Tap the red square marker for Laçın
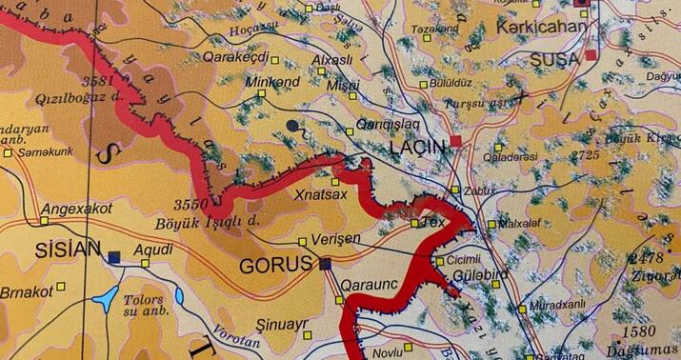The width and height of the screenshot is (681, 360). [x=456, y=141]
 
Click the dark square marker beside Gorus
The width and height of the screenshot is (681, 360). [x=325, y=264]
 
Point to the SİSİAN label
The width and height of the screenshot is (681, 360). [x=67, y=250]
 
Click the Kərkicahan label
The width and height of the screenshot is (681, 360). [x=541, y=27]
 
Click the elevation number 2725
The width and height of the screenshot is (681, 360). [x=585, y=154]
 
